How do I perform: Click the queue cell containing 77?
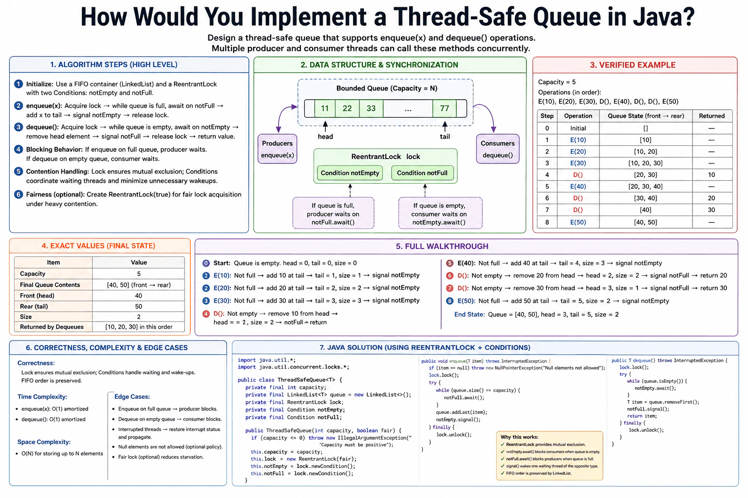tap(444, 108)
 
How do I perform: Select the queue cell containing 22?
tap(347, 108)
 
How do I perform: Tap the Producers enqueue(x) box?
tap(277, 149)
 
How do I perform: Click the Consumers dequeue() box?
tap(498, 149)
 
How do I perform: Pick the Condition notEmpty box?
tap(350, 173)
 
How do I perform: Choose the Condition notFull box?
tap(422, 173)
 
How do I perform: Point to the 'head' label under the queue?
tap(325, 137)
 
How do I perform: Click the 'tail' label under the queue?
tap(445, 137)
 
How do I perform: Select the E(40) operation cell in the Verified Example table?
tap(578, 186)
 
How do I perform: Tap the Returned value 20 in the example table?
tap(711, 198)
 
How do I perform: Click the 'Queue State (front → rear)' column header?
tap(645, 116)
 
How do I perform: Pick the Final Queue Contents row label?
tap(50, 285)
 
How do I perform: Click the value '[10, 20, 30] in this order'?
tap(139, 327)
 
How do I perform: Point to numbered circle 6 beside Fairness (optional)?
tap(19, 195)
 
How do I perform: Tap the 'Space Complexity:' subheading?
tap(44, 442)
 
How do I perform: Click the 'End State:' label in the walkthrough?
tap(469, 315)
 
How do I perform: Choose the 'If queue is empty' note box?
tap(440, 213)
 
